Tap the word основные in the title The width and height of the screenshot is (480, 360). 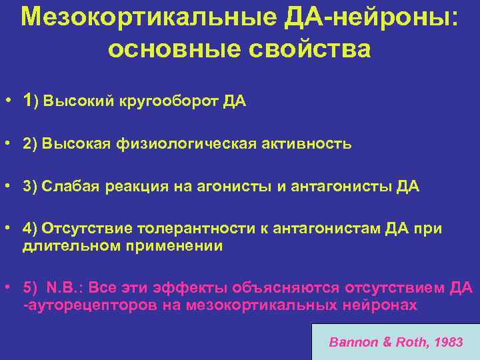coord(167,49)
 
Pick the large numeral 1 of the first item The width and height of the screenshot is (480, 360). coord(27,101)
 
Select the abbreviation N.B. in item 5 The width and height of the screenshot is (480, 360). coord(64,287)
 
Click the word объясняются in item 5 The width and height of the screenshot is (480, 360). coord(284,287)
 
